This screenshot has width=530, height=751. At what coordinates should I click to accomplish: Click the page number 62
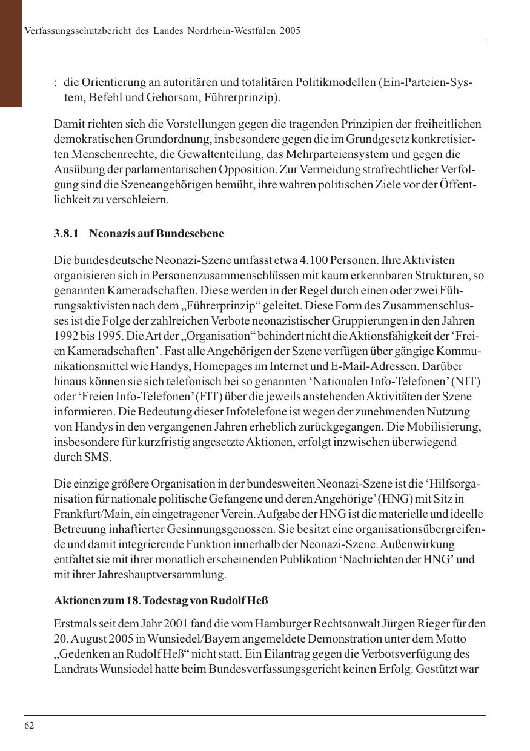point(29,726)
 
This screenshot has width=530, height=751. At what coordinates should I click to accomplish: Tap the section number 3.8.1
point(67,234)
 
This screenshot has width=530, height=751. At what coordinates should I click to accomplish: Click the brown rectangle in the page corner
point(11,53)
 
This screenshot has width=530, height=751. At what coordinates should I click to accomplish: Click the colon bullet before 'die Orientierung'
point(56,82)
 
